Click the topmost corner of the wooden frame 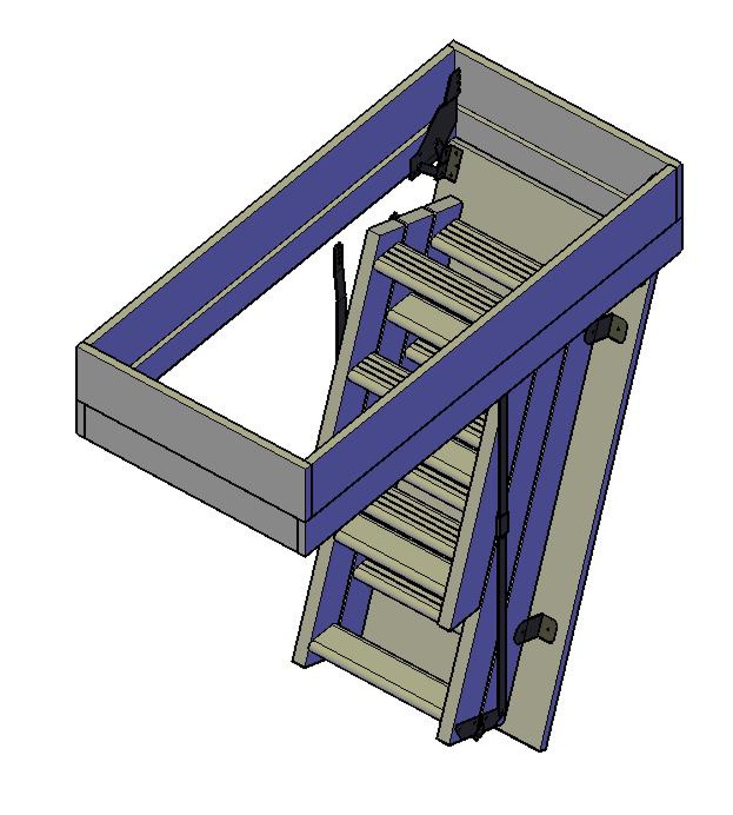[x=452, y=42]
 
